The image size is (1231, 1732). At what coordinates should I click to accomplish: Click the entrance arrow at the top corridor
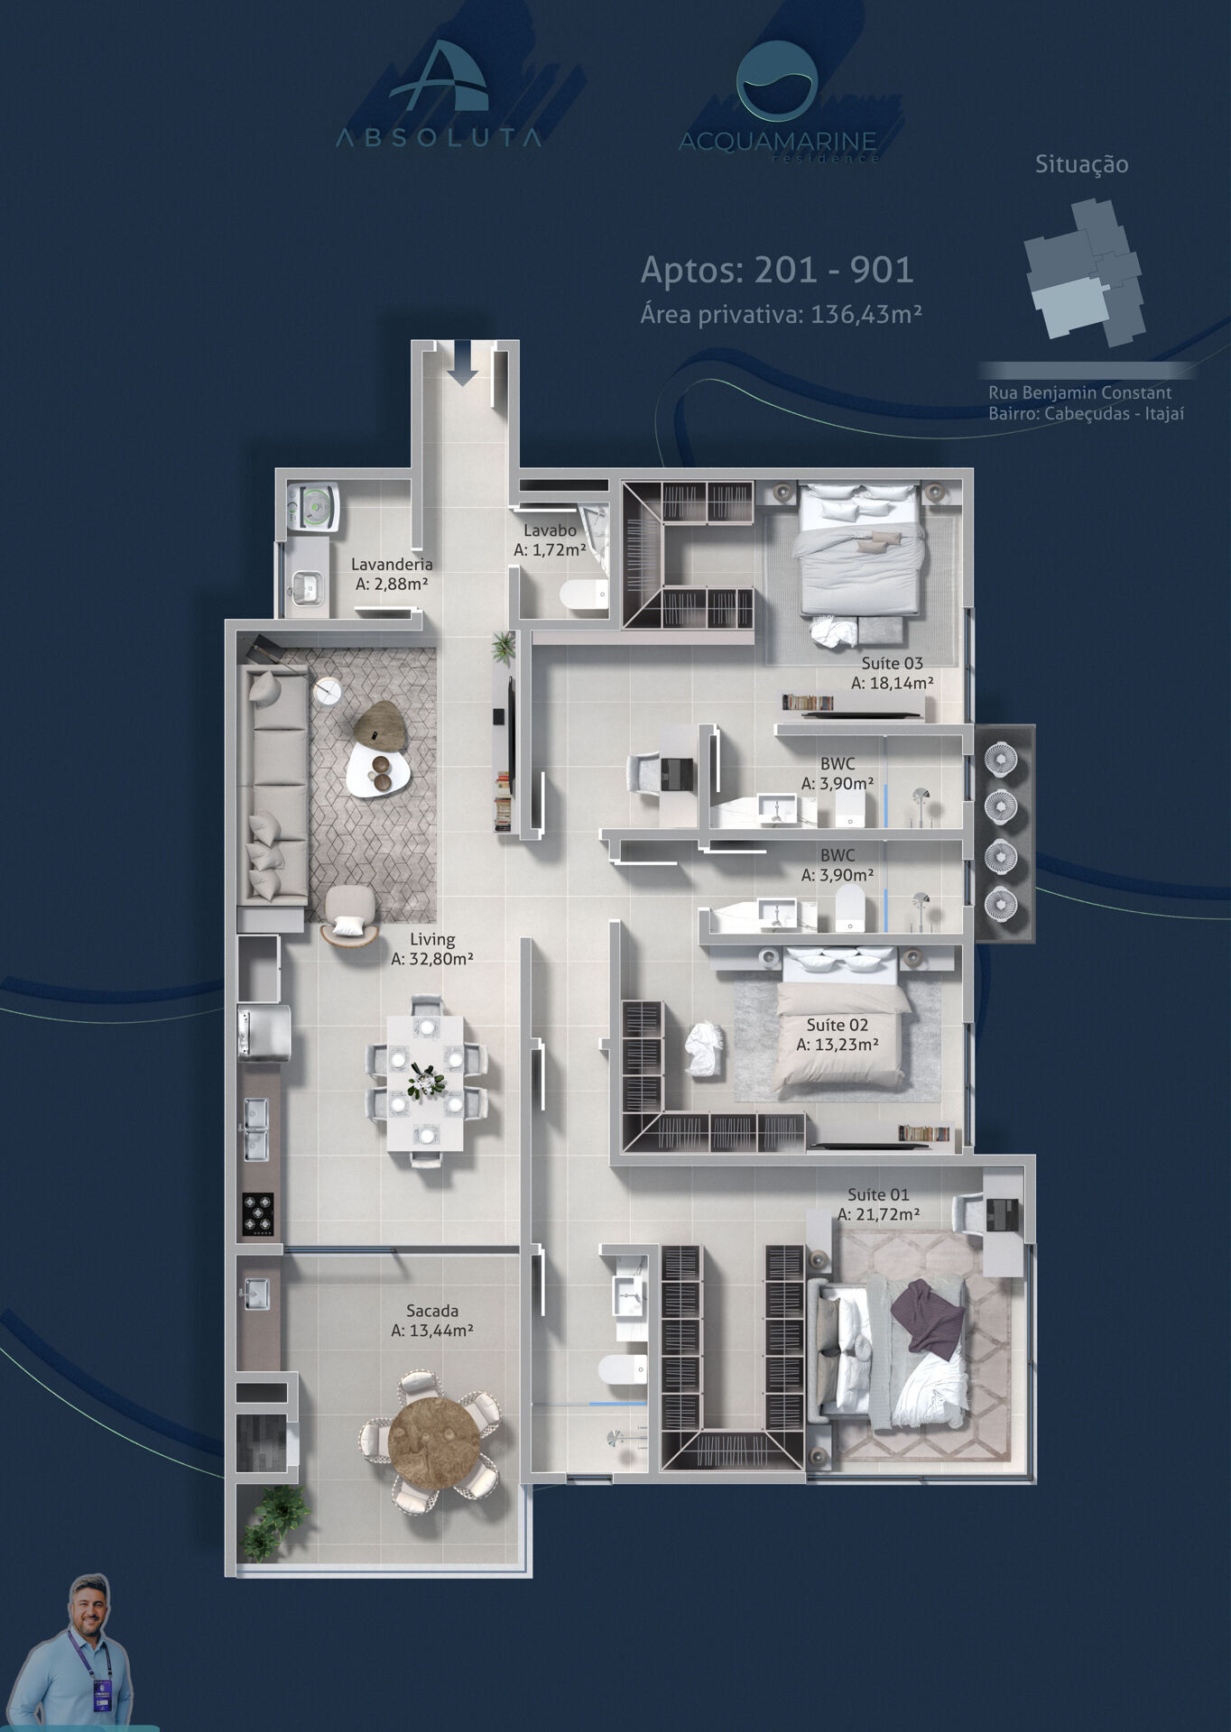[463, 364]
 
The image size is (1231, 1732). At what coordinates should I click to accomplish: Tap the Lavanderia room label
[392, 564]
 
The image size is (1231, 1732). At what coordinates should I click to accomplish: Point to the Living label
[432, 939]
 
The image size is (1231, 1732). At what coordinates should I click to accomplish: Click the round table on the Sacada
[430, 1433]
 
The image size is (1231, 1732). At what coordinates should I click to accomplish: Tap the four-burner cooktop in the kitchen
[258, 1213]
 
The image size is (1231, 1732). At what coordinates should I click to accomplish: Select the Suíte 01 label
[878, 1194]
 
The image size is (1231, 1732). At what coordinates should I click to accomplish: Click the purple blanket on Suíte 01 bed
[929, 1318]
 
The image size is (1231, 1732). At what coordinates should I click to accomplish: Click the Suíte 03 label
[892, 663]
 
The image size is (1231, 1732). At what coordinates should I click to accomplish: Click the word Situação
[1081, 164]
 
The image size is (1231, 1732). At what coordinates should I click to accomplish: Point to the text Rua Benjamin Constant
[1079, 392]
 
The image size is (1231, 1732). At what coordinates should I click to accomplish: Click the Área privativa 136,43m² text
[781, 314]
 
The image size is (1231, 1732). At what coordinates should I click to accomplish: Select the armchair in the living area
[349, 914]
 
